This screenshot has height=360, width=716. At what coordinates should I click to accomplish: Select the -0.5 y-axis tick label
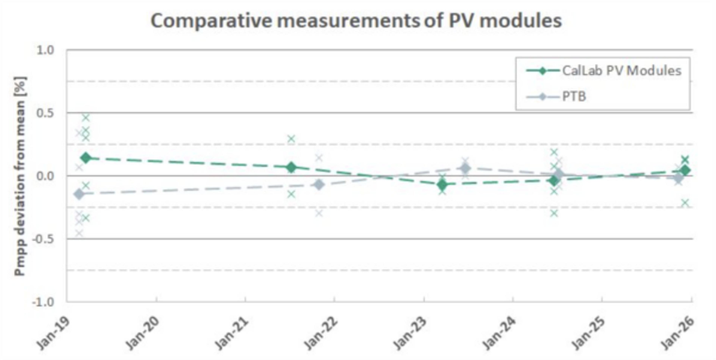click(43, 239)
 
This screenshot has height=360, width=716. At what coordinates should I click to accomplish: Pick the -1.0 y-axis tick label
click(43, 302)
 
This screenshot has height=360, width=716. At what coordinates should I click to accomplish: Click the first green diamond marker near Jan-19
click(86, 158)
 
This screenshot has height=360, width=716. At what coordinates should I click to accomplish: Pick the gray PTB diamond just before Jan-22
click(319, 184)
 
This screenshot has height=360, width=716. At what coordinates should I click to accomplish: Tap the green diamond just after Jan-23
click(442, 185)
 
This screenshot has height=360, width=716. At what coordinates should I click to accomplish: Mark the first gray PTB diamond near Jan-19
click(79, 194)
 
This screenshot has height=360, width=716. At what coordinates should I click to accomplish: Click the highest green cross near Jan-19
click(86, 118)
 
